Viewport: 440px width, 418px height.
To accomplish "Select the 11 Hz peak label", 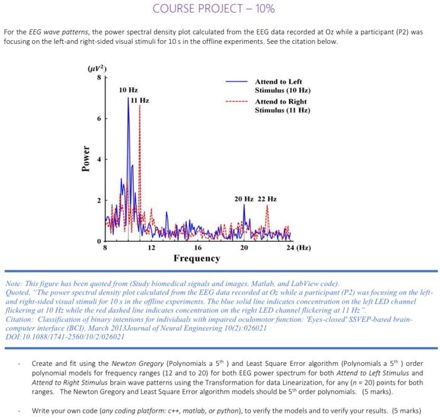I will [x=141, y=100].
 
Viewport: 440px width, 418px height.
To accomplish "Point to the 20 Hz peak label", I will [x=243, y=199].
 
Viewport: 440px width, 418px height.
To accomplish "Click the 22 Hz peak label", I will [x=267, y=199].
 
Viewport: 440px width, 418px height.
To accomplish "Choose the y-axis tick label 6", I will [x=97, y=118].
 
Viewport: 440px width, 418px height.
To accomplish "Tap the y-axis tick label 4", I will [x=97, y=159].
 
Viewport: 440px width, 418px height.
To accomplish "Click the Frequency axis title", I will [x=197, y=259].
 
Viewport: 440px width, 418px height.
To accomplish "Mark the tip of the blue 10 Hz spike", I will [x=128, y=98].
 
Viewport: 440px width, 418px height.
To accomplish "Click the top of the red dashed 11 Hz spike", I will [x=139, y=105].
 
